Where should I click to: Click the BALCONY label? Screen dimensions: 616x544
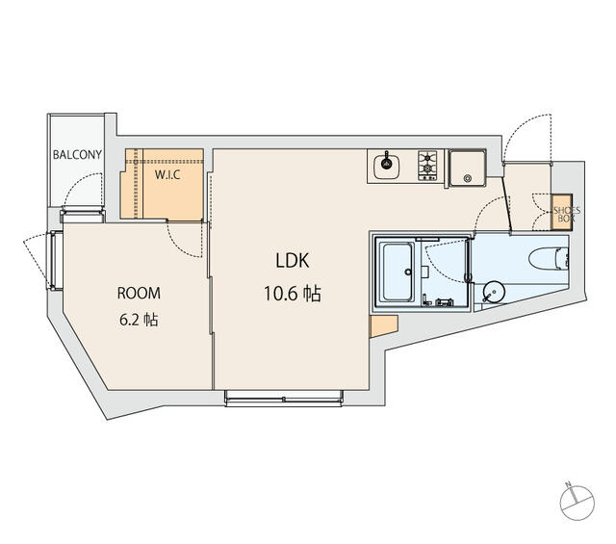(77, 154)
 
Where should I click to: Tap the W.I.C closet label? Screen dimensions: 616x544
(167, 174)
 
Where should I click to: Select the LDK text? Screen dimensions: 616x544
(293, 261)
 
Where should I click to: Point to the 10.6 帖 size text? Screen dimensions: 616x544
(293, 294)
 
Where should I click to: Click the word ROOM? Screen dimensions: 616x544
(139, 294)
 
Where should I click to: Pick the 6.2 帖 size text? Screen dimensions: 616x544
(139, 320)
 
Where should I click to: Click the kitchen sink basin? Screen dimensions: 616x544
(387, 167)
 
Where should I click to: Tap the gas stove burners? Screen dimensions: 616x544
(427, 166)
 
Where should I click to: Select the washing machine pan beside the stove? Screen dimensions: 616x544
(467, 168)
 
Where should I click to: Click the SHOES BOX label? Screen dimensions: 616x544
(567, 214)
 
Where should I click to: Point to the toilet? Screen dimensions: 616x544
(549, 259)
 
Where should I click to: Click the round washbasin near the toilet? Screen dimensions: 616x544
(494, 293)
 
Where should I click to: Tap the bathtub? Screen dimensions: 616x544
(398, 272)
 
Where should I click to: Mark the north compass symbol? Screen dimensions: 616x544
(577, 503)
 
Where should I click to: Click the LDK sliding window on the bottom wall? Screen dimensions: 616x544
(284, 398)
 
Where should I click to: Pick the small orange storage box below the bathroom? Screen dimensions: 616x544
(384, 325)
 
